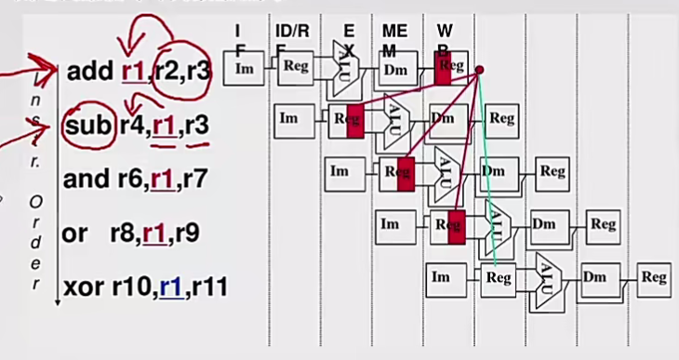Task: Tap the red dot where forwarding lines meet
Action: pos(479,70)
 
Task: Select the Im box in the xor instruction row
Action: pos(442,276)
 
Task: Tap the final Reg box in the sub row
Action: pos(501,119)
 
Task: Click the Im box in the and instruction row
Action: pos(339,171)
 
